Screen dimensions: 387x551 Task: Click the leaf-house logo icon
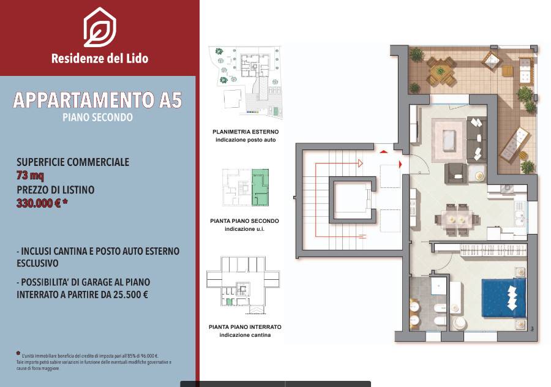100,28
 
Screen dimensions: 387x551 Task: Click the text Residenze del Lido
100,59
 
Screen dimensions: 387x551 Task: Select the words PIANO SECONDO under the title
98,117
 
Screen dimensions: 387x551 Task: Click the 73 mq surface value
30,176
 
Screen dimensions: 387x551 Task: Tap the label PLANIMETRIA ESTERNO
246,132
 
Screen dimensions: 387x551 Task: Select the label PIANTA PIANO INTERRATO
245,327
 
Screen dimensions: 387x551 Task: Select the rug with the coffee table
449,136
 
